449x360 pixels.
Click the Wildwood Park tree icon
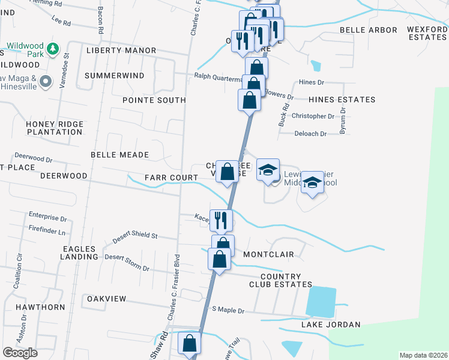coord(53,47)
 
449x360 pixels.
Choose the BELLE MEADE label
coord(119,155)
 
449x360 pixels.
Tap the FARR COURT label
coord(171,178)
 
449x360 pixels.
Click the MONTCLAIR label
coord(268,254)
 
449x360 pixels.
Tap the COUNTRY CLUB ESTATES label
coord(280,280)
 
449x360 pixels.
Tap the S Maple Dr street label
coord(229,310)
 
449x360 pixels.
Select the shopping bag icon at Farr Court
coord(227,172)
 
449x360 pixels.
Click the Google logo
coord(20,352)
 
